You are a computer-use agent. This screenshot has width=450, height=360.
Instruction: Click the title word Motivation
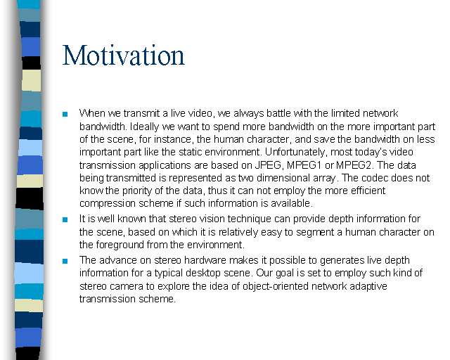[x=124, y=55]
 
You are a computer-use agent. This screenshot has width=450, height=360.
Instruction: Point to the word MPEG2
[x=354, y=165]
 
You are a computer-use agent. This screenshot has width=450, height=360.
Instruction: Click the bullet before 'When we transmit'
[x=65, y=115]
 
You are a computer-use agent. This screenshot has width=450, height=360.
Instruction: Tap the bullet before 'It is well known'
[x=65, y=220]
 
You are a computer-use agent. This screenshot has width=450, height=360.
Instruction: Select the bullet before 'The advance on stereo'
[x=65, y=262]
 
